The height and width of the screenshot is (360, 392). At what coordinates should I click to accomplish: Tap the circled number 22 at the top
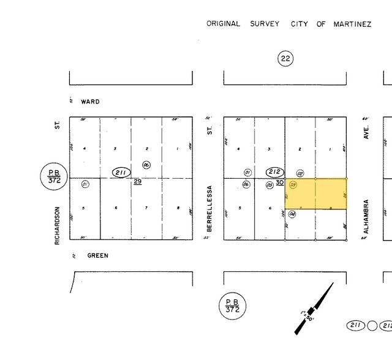285,59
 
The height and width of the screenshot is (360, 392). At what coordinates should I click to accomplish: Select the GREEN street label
97,255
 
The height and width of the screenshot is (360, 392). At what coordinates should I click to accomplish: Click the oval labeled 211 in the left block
121,173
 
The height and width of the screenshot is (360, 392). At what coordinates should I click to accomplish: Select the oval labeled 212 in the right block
275,173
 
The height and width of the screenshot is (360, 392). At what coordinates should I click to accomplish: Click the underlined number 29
138,182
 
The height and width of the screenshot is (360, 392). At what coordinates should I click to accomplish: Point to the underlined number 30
279,182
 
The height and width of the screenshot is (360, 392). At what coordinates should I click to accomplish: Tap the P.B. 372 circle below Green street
232,306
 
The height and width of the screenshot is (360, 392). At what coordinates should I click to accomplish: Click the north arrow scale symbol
314,309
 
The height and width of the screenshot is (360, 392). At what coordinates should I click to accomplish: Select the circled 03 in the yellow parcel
293,184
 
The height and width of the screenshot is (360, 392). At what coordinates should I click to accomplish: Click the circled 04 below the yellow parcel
293,214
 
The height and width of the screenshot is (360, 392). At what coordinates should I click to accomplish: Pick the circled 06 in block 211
146,165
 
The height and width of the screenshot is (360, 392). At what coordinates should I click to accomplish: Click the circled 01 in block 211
86,184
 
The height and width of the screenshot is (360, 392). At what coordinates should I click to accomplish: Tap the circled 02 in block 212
300,174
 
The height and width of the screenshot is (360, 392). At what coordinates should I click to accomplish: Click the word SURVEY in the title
264,24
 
